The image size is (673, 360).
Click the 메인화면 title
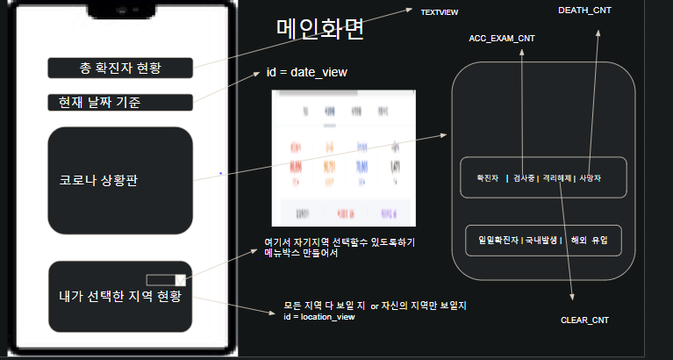click(319, 31)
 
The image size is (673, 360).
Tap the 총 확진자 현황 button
click(119, 68)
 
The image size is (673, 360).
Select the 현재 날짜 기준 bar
click(119, 103)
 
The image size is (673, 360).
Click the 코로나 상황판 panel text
click(98, 180)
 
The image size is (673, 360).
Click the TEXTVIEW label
click(440, 12)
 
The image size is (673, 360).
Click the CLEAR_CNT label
click(584, 320)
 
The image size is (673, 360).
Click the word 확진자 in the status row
click(487, 177)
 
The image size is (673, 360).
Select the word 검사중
click(524, 177)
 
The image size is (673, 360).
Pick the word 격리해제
click(557, 177)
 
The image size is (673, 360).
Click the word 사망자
click(591, 177)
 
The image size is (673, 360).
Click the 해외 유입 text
click(589, 240)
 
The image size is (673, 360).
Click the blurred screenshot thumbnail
click(342, 158)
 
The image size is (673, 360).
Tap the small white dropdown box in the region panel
click(166, 280)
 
